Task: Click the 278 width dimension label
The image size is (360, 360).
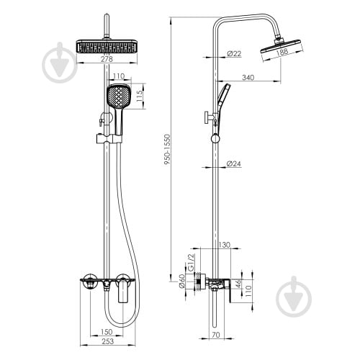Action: coord(107,59)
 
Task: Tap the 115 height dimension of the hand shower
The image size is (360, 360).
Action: coord(140,96)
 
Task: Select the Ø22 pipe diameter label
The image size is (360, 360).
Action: coord(234,53)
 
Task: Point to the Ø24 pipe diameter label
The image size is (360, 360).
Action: coord(233,163)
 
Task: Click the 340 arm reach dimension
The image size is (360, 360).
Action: coord(248,77)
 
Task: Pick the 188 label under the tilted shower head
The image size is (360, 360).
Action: coord(282,53)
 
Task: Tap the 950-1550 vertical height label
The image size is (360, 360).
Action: coord(167,149)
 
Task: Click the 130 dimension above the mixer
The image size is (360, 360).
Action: coord(225,245)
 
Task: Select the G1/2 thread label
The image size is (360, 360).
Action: coord(191,263)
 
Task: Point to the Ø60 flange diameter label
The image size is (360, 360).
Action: coord(182,281)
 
